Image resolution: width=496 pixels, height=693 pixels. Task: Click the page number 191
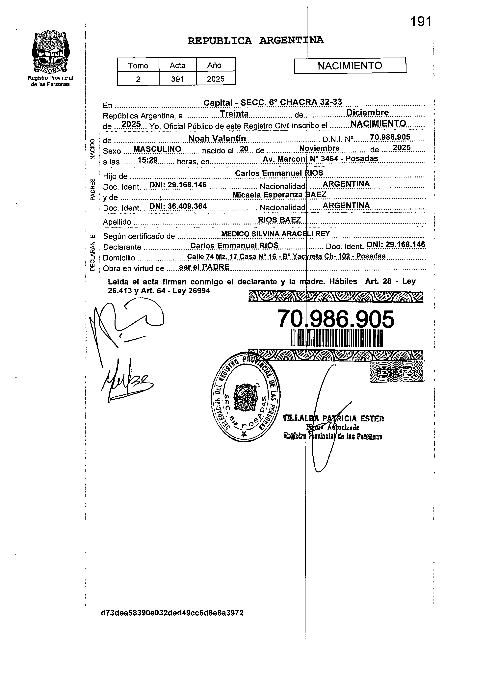(x=421, y=22)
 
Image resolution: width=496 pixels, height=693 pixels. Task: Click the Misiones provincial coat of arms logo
(x=50, y=52)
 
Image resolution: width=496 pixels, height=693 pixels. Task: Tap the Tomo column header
(x=138, y=65)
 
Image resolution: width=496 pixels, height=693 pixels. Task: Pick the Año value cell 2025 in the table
(x=216, y=79)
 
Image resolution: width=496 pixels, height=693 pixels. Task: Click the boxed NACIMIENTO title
(x=350, y=66)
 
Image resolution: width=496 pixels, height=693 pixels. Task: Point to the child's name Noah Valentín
(x=217, y=139)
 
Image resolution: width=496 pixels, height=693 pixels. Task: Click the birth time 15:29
(x=147, y=160)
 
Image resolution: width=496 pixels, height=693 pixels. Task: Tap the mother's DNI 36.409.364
(x=178, y=206)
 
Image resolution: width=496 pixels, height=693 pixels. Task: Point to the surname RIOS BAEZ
(x=279, y=220)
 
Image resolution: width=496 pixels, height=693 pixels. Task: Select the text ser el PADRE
(x=204, y=267)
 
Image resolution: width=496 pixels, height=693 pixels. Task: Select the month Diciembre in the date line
(x=367, y=113)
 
